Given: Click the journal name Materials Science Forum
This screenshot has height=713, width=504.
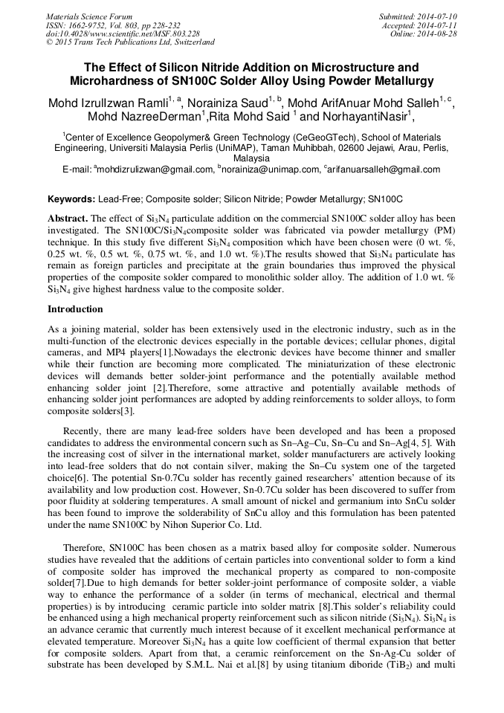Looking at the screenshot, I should point(88,16).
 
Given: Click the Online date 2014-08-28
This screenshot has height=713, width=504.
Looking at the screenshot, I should point(439,33).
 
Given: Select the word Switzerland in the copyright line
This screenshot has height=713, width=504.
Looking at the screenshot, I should point(190,42).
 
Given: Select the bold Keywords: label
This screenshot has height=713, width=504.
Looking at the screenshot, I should point(71,199).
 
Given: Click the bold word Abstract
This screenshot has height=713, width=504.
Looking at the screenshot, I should point(68,219).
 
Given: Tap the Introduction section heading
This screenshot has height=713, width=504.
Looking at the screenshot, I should point(75,309).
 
